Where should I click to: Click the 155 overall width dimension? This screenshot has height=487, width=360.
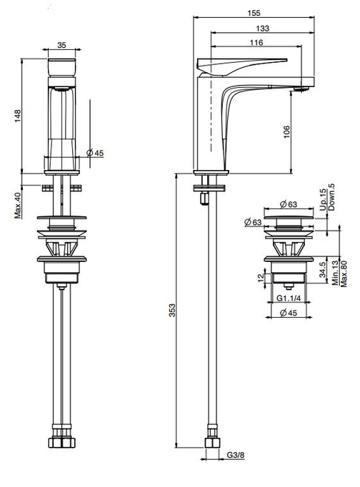(255, 13)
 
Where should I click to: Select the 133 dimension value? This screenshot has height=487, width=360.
(263, 29)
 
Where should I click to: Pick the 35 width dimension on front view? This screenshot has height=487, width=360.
(62, 45)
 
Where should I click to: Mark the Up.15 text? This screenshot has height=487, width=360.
(324, 198)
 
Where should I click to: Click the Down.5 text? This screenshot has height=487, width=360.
(333, 198)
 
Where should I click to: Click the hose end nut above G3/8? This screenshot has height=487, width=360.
(211, 443)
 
